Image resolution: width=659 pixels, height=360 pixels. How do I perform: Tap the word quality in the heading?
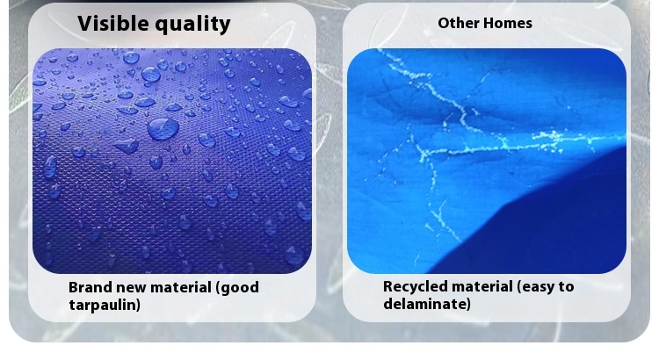point(192,25)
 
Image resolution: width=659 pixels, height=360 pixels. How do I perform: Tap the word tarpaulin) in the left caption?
point(105,305)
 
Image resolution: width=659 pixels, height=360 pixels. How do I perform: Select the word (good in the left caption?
point(237,288)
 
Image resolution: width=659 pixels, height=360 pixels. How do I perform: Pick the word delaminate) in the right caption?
point(427,304)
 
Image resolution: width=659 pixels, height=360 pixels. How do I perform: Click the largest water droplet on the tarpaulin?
point(163,128)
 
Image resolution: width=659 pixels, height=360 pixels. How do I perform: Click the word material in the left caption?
point(181,288)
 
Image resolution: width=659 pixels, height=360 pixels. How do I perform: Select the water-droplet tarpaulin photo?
point(172,161)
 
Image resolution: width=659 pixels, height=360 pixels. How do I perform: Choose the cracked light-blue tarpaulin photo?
point(487,161)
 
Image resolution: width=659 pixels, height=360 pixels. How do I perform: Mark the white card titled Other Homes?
point(487,162)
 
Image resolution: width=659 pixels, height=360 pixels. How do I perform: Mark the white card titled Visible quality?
point(172,162)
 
